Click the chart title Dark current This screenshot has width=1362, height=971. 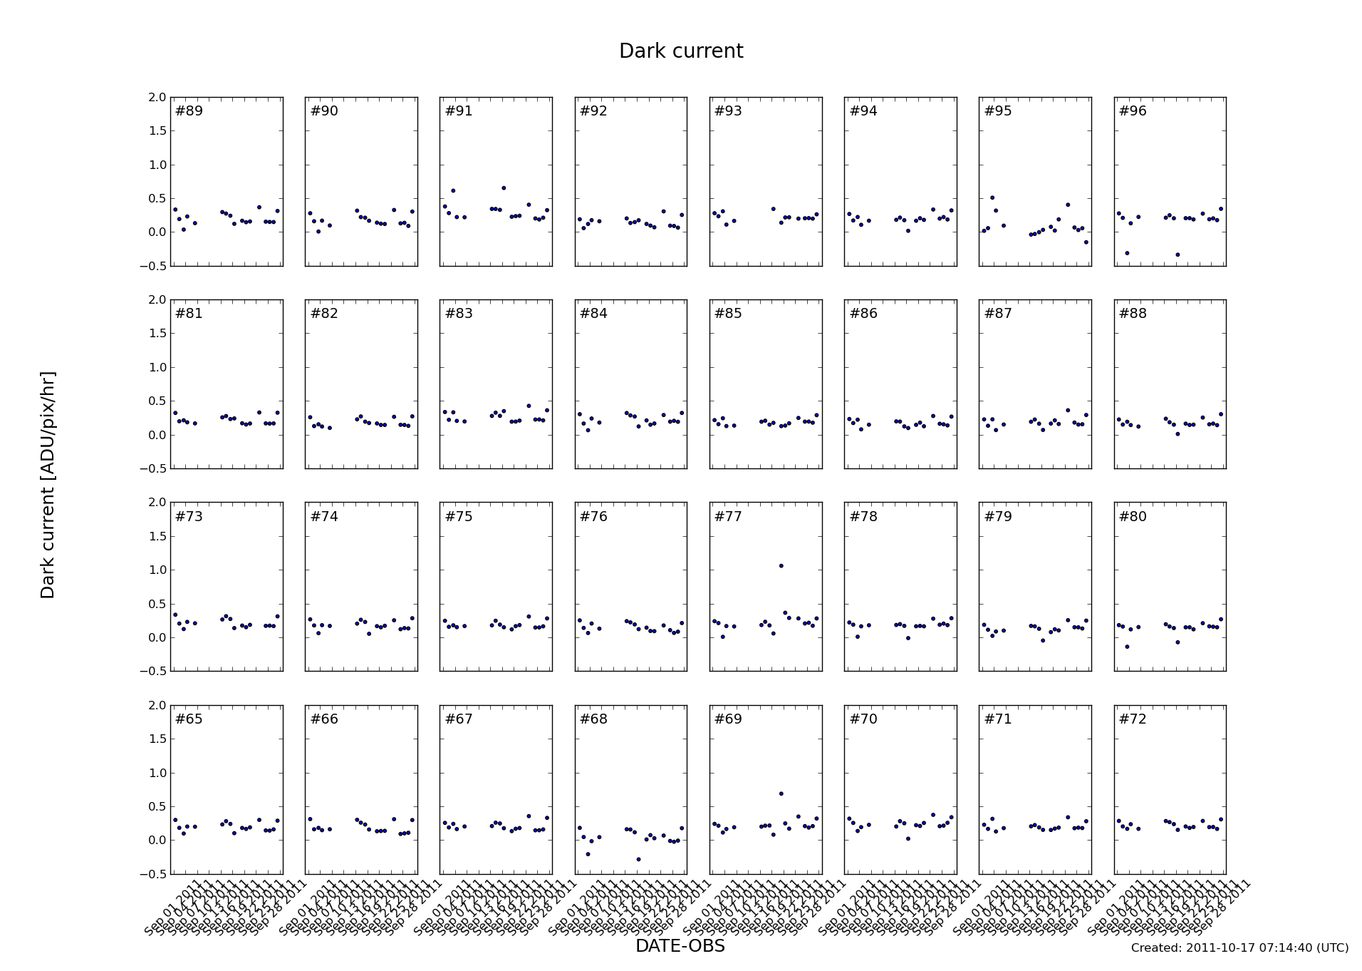point(680,51)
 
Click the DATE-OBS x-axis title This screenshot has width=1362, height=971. point(680,945)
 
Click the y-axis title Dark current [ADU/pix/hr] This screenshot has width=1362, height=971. point(48,485)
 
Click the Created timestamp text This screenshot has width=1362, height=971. point(1239,947)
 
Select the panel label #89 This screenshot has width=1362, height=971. point(189,111)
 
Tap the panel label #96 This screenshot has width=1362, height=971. point(1133,111)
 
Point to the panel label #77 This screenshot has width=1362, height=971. point(728,517)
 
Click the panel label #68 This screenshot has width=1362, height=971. point(593,719)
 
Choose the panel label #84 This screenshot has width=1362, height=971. point(593,314)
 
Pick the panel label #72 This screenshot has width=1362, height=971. point(1133,719)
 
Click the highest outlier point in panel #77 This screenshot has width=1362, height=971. point(781,566)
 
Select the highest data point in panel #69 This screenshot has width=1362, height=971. point(781,793)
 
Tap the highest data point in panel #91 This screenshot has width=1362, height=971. point(504,188)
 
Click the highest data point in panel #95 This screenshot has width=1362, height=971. point(992,197)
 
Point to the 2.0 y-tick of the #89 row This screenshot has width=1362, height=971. point(157,97)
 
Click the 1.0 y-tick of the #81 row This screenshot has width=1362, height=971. point(157,367)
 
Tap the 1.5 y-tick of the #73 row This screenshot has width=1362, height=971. point(157,536)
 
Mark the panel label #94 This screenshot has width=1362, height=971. point(863,111)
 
